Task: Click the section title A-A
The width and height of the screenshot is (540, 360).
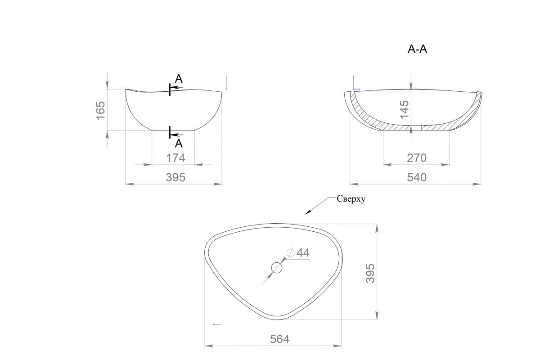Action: pyautogui.click(x=417, y=49)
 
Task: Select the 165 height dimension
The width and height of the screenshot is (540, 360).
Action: pyautogui.click(x=100, y=110)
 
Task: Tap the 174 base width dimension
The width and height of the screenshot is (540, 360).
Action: pyautogui.click(x=176, y=158)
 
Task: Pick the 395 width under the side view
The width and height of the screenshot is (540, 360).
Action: pyautogui.click(x=175, y=177)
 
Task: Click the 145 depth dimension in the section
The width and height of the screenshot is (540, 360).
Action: pyautogui.click(x=404, y=109)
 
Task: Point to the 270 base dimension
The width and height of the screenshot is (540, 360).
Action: pyautogui.click(x=417, y=158)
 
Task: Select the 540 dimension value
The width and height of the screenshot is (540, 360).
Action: pyautogui.click(x=417, y=177)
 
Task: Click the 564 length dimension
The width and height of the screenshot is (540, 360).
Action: pyautogui.click(x=279, y=339)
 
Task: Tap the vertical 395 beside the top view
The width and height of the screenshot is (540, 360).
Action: pyautogui.click(x=370, y=273)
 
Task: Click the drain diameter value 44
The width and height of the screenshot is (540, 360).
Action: pyautogui.click(x=303, y=253)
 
